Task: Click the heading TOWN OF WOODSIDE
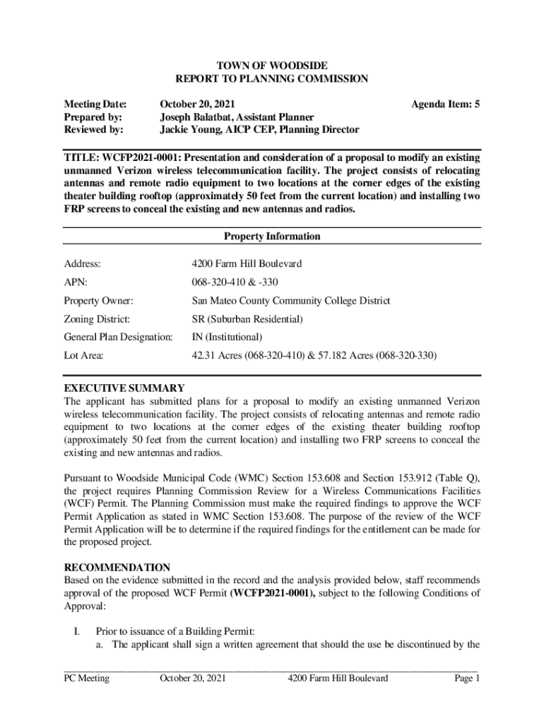tap(272, 65)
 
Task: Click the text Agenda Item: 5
tap(445, 104)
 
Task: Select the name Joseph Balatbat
tap(195, 116)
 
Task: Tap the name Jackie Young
tap(190, 129)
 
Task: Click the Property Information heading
tap(272, 237)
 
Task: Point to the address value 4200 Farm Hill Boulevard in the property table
tap(247, 263)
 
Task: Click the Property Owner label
tap(98, 301)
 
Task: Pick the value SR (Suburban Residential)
tap(247, 319)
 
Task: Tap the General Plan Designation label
tap(118, 337)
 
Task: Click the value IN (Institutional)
tap(227, 337)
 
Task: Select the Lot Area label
tap(84, 356)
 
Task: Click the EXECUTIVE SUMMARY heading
tap(124, 388)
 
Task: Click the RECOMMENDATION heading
tap(117, 567)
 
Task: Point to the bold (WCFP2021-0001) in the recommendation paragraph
tap(273, 592)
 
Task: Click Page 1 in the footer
tap(468, 679)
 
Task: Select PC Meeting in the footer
tap(86, 679)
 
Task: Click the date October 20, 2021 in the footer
tap(193, 679)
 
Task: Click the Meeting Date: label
tap(95, 104)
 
